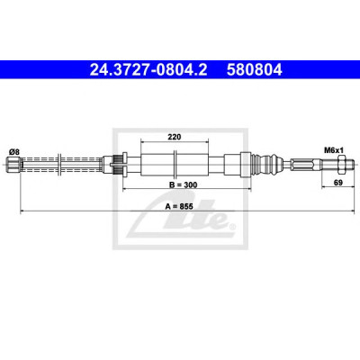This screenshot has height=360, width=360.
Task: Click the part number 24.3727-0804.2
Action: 148,70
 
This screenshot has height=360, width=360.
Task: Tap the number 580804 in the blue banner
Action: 255,70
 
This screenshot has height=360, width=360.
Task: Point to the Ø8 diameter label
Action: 14,152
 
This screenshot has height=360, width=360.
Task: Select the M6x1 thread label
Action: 333,149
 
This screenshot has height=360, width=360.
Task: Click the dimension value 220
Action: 175,137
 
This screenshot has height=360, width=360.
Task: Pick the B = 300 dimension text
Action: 184,184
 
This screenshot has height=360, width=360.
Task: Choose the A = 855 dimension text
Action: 179,206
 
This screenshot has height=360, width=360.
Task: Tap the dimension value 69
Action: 338,183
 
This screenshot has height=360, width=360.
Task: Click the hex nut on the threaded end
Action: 341,164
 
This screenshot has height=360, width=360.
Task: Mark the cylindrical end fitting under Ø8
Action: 13,164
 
